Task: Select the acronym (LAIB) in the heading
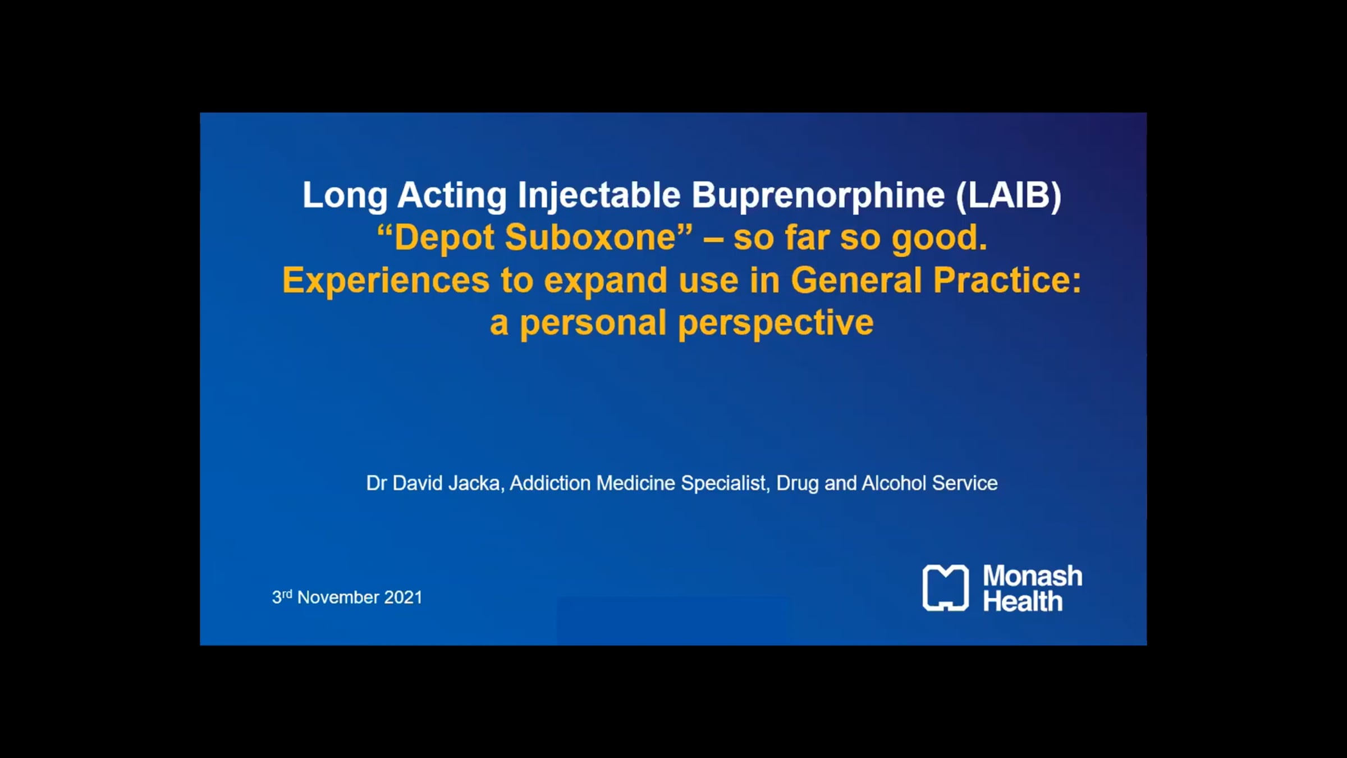pos(1009,196)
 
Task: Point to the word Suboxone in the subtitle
pos(599,238)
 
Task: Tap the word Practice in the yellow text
pos(1007,280)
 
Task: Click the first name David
pos(418,483)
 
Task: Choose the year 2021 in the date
pos(403,597)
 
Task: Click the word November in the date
pos(338,597)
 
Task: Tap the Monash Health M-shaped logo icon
pos(946,588)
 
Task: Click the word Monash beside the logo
pos(1033,576)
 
